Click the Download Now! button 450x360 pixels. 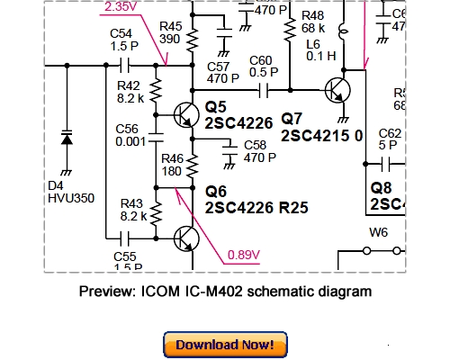(224, 345)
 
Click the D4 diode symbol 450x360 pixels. (65, 140)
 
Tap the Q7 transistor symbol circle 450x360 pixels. (338, 91)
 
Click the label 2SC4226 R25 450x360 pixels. (256, 207)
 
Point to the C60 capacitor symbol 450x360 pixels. (265, 89)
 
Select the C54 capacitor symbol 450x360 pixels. (125, 66)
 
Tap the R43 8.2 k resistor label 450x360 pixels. (133, 210)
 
